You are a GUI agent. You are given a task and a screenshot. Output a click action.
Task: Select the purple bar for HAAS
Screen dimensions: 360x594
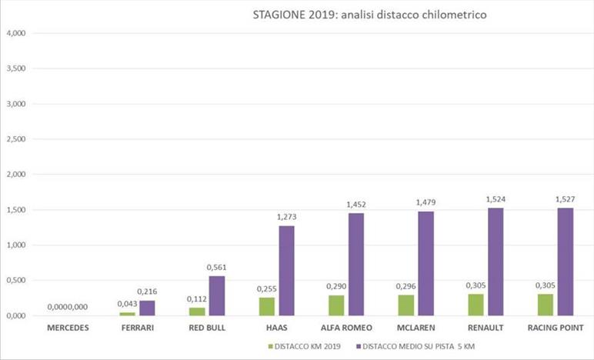click(x=286, y=270)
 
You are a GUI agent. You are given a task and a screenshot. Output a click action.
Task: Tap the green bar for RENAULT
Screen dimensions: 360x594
click(x=475, y=305)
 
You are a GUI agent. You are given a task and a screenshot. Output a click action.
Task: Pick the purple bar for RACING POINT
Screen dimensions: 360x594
click(x=566, y=262)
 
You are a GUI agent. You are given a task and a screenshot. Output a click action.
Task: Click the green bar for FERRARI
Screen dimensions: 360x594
click(x=127, y=314)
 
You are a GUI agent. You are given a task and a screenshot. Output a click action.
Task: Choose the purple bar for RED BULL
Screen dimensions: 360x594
click(x=217, y=295)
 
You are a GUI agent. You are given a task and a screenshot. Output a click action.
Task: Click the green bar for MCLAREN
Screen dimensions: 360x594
click(x=405, y=305)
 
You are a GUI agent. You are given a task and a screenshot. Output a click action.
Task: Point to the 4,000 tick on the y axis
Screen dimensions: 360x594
click(x=16, y=33)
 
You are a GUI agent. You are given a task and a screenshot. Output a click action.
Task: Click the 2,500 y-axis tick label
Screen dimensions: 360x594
click(x=16, y=139)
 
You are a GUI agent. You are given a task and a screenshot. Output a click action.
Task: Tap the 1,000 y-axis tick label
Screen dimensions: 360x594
click(x=16, y=245)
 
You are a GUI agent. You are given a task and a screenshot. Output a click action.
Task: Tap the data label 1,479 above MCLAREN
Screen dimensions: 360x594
click(x=426, y=202)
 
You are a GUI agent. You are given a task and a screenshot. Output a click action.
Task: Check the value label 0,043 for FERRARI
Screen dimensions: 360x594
click(x=126, y=305)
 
